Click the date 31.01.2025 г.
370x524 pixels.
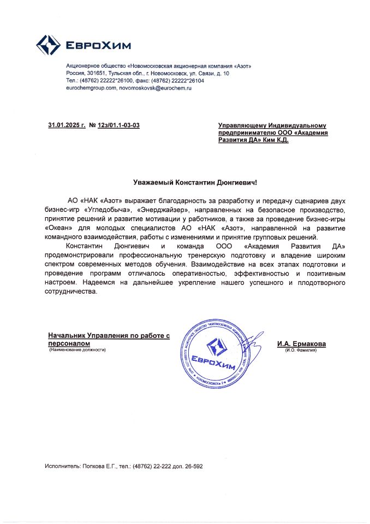pos(67,126)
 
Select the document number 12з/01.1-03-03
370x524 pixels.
pos(118,126)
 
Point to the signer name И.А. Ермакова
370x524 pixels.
pos(301,344)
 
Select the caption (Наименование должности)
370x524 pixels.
pos(76,350)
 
